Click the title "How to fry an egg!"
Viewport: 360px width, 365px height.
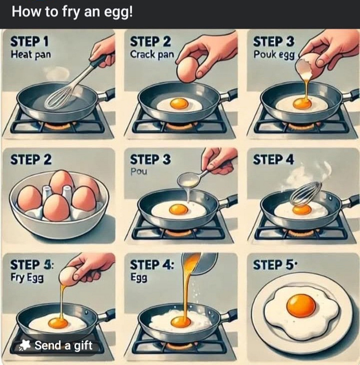[72, 12]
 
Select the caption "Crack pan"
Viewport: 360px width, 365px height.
[152, 55]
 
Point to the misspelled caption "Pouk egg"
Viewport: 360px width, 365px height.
[274, 55]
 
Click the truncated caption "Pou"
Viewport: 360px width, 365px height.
[139, 172]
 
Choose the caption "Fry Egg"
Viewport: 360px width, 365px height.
[27, 278]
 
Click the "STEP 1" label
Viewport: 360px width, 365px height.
[29, 41]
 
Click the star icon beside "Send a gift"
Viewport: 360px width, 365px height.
[25, 345]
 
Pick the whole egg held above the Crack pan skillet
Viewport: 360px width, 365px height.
[188, 70]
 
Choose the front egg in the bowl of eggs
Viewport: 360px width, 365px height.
[56, 208]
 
